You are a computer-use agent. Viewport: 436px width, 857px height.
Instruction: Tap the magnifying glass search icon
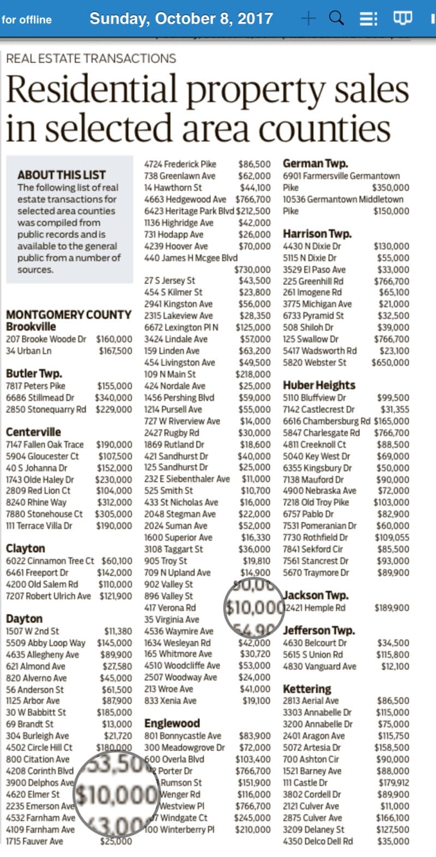click(x=337, y=18)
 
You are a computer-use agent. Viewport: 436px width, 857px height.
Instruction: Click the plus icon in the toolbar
click(x=308, y=19)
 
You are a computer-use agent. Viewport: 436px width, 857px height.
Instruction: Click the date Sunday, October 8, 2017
click(x=181, y=19)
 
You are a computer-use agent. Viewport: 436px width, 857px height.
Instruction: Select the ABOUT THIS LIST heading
click(x=62, y=175)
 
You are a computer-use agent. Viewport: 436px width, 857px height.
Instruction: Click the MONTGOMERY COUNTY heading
click(x=69, y=315)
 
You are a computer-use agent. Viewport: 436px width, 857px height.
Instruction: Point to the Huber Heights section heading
click(x=319, y=385)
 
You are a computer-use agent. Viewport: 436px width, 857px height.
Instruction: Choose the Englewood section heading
click(x=172, y=723)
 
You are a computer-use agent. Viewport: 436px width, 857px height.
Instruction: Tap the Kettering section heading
click(x=307, y=689)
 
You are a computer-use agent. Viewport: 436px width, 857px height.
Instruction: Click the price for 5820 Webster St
click(x=390, y=363)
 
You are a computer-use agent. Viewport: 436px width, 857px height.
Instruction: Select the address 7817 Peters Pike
click(x=35, y=386)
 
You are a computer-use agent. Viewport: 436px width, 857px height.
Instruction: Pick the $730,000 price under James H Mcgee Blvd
click(x=252, y=269)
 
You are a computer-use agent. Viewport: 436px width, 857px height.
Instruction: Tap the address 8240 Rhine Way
click(x=36, y=503)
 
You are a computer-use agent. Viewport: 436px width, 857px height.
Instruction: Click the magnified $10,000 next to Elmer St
click(x=116, y=795)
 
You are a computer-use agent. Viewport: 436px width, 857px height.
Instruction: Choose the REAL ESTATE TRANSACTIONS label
click(x=91, y=58)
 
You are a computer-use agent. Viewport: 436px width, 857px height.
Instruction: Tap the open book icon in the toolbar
click(x=402, y=19)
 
